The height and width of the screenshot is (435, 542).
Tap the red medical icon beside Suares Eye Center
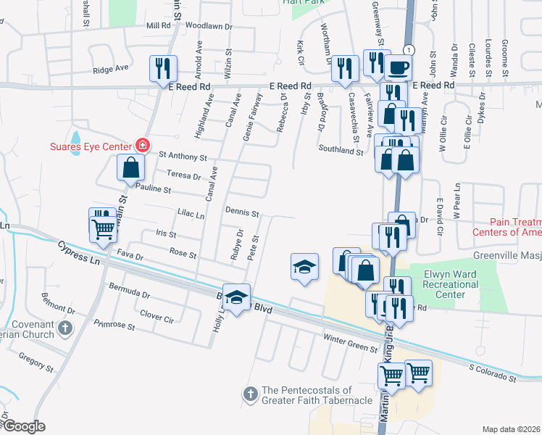(x=143, y=145)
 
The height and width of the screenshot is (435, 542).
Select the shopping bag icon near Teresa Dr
(x=129, y=167)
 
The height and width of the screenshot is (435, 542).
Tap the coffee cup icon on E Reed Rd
(x=398, y=69)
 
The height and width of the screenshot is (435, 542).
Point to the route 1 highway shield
(x=409, y=49)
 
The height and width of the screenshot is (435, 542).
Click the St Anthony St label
(x=183, y=156)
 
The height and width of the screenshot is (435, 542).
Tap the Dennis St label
(x=242, y=213)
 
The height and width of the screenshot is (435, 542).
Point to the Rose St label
(x=183, y=254)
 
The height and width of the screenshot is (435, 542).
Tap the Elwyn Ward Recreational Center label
(x=445, y=285)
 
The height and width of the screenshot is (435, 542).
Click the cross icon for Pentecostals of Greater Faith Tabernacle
(x=250, y=394)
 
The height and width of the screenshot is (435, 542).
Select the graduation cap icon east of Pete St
(x=305, y=268)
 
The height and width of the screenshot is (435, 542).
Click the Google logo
(x=24, y=426)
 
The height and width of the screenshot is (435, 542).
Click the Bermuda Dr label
(x=130, y=295)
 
